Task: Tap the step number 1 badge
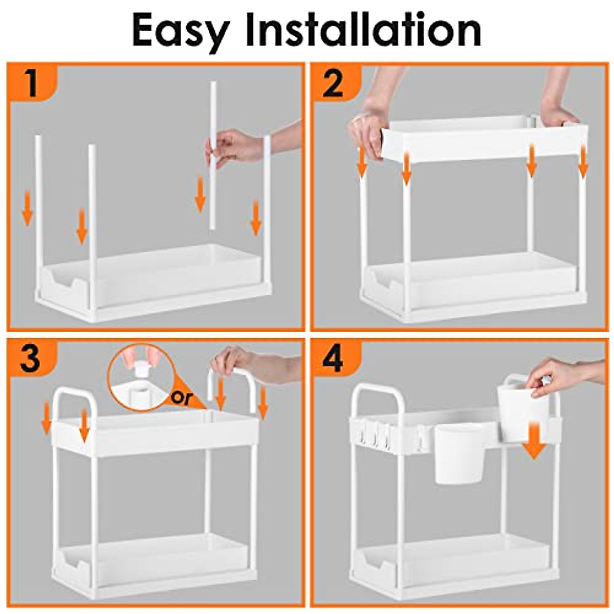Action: coord(32,83)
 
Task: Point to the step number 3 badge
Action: coord(31,360)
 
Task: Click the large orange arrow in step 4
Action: coord(534,441)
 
